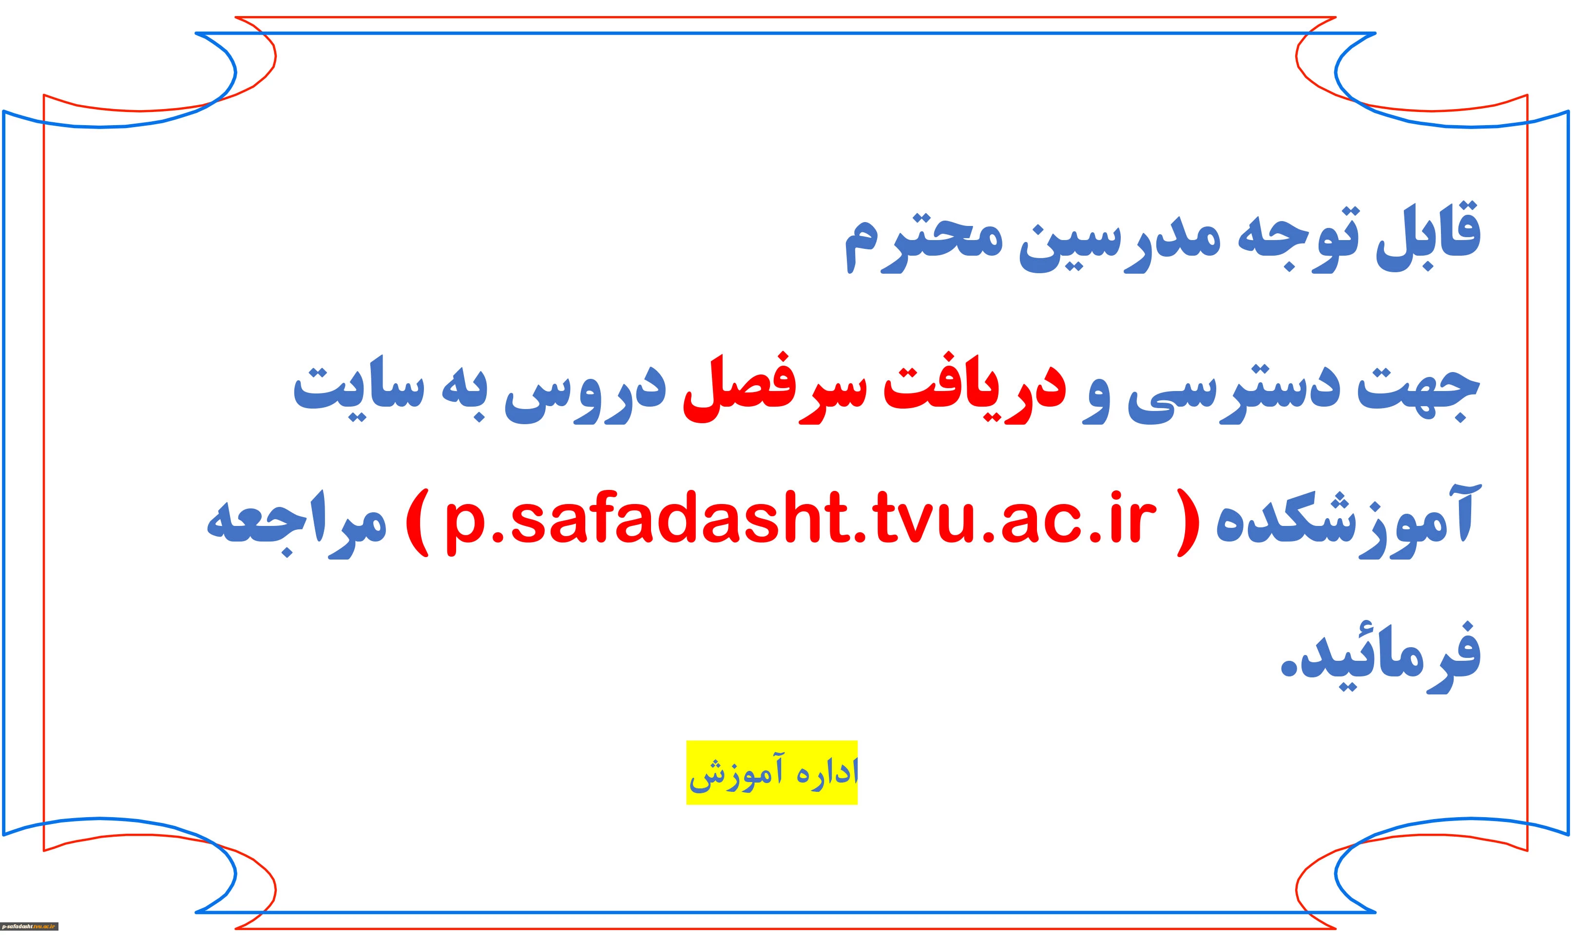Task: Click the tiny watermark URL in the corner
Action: tap(30, 926)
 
